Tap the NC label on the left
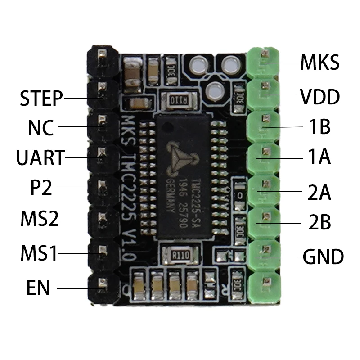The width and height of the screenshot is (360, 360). point(40,128)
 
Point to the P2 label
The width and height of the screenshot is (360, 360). point(41,188)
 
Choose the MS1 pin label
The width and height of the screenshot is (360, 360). point(39,253)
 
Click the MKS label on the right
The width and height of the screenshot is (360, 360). point(319,63)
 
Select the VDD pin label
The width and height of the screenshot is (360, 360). point(319,97)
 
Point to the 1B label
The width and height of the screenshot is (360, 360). point(320,128)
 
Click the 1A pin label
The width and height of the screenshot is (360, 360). point(320,158)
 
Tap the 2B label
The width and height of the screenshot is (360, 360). point(320,222)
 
